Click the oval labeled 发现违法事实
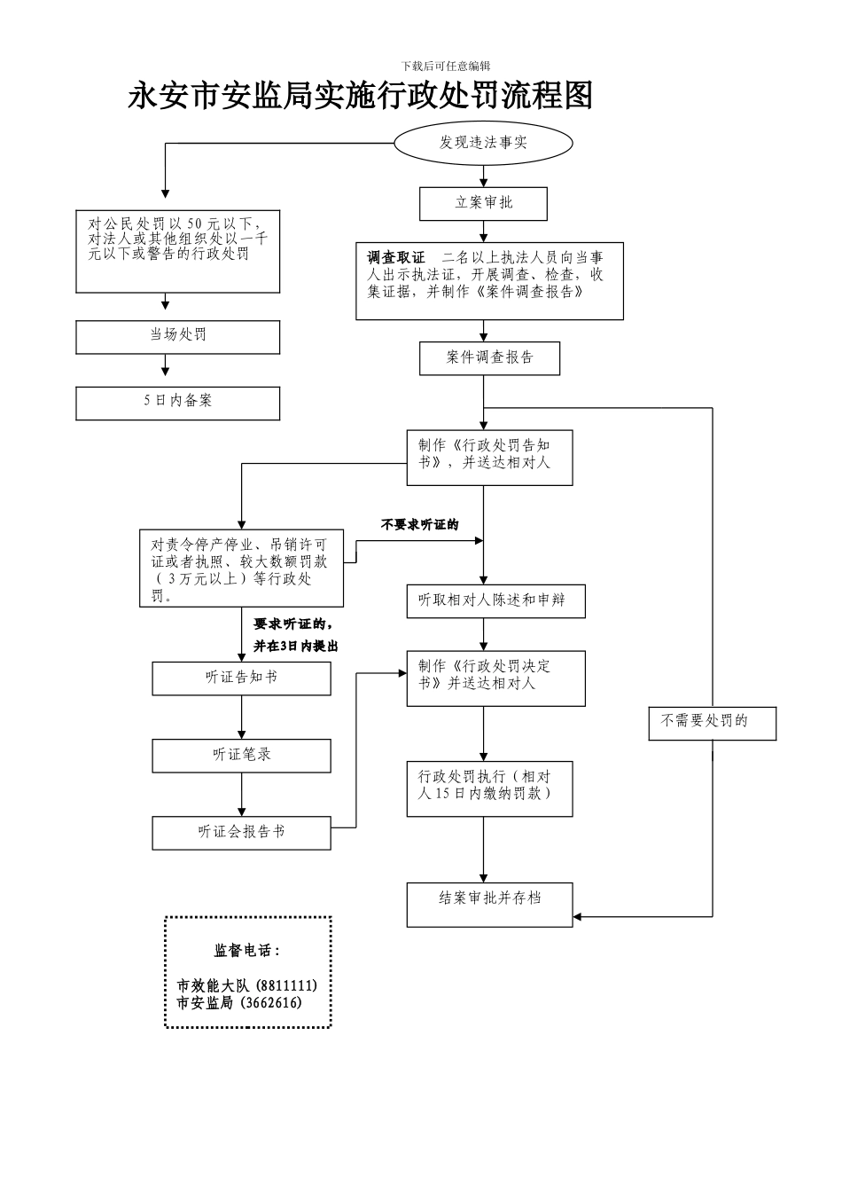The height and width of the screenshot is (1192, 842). (483, 143)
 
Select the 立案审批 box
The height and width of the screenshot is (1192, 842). (483, 203)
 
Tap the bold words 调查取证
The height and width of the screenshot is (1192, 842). (396, 258)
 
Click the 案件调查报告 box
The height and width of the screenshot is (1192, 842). (489, 357)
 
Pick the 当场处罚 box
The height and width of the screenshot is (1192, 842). (177, 336)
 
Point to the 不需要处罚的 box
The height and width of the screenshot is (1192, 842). (712, 722)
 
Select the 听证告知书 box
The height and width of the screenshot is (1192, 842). (241, 678)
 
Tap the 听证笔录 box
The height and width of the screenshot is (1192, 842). (241, 755)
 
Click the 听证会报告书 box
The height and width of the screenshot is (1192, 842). (241, 833)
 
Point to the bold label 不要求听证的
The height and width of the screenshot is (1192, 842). (419, 525)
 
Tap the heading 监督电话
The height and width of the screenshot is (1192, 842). (246, 951)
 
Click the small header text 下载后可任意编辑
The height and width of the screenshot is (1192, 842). (446, 66)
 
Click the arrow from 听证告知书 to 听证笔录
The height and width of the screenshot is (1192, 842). (241, 717)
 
